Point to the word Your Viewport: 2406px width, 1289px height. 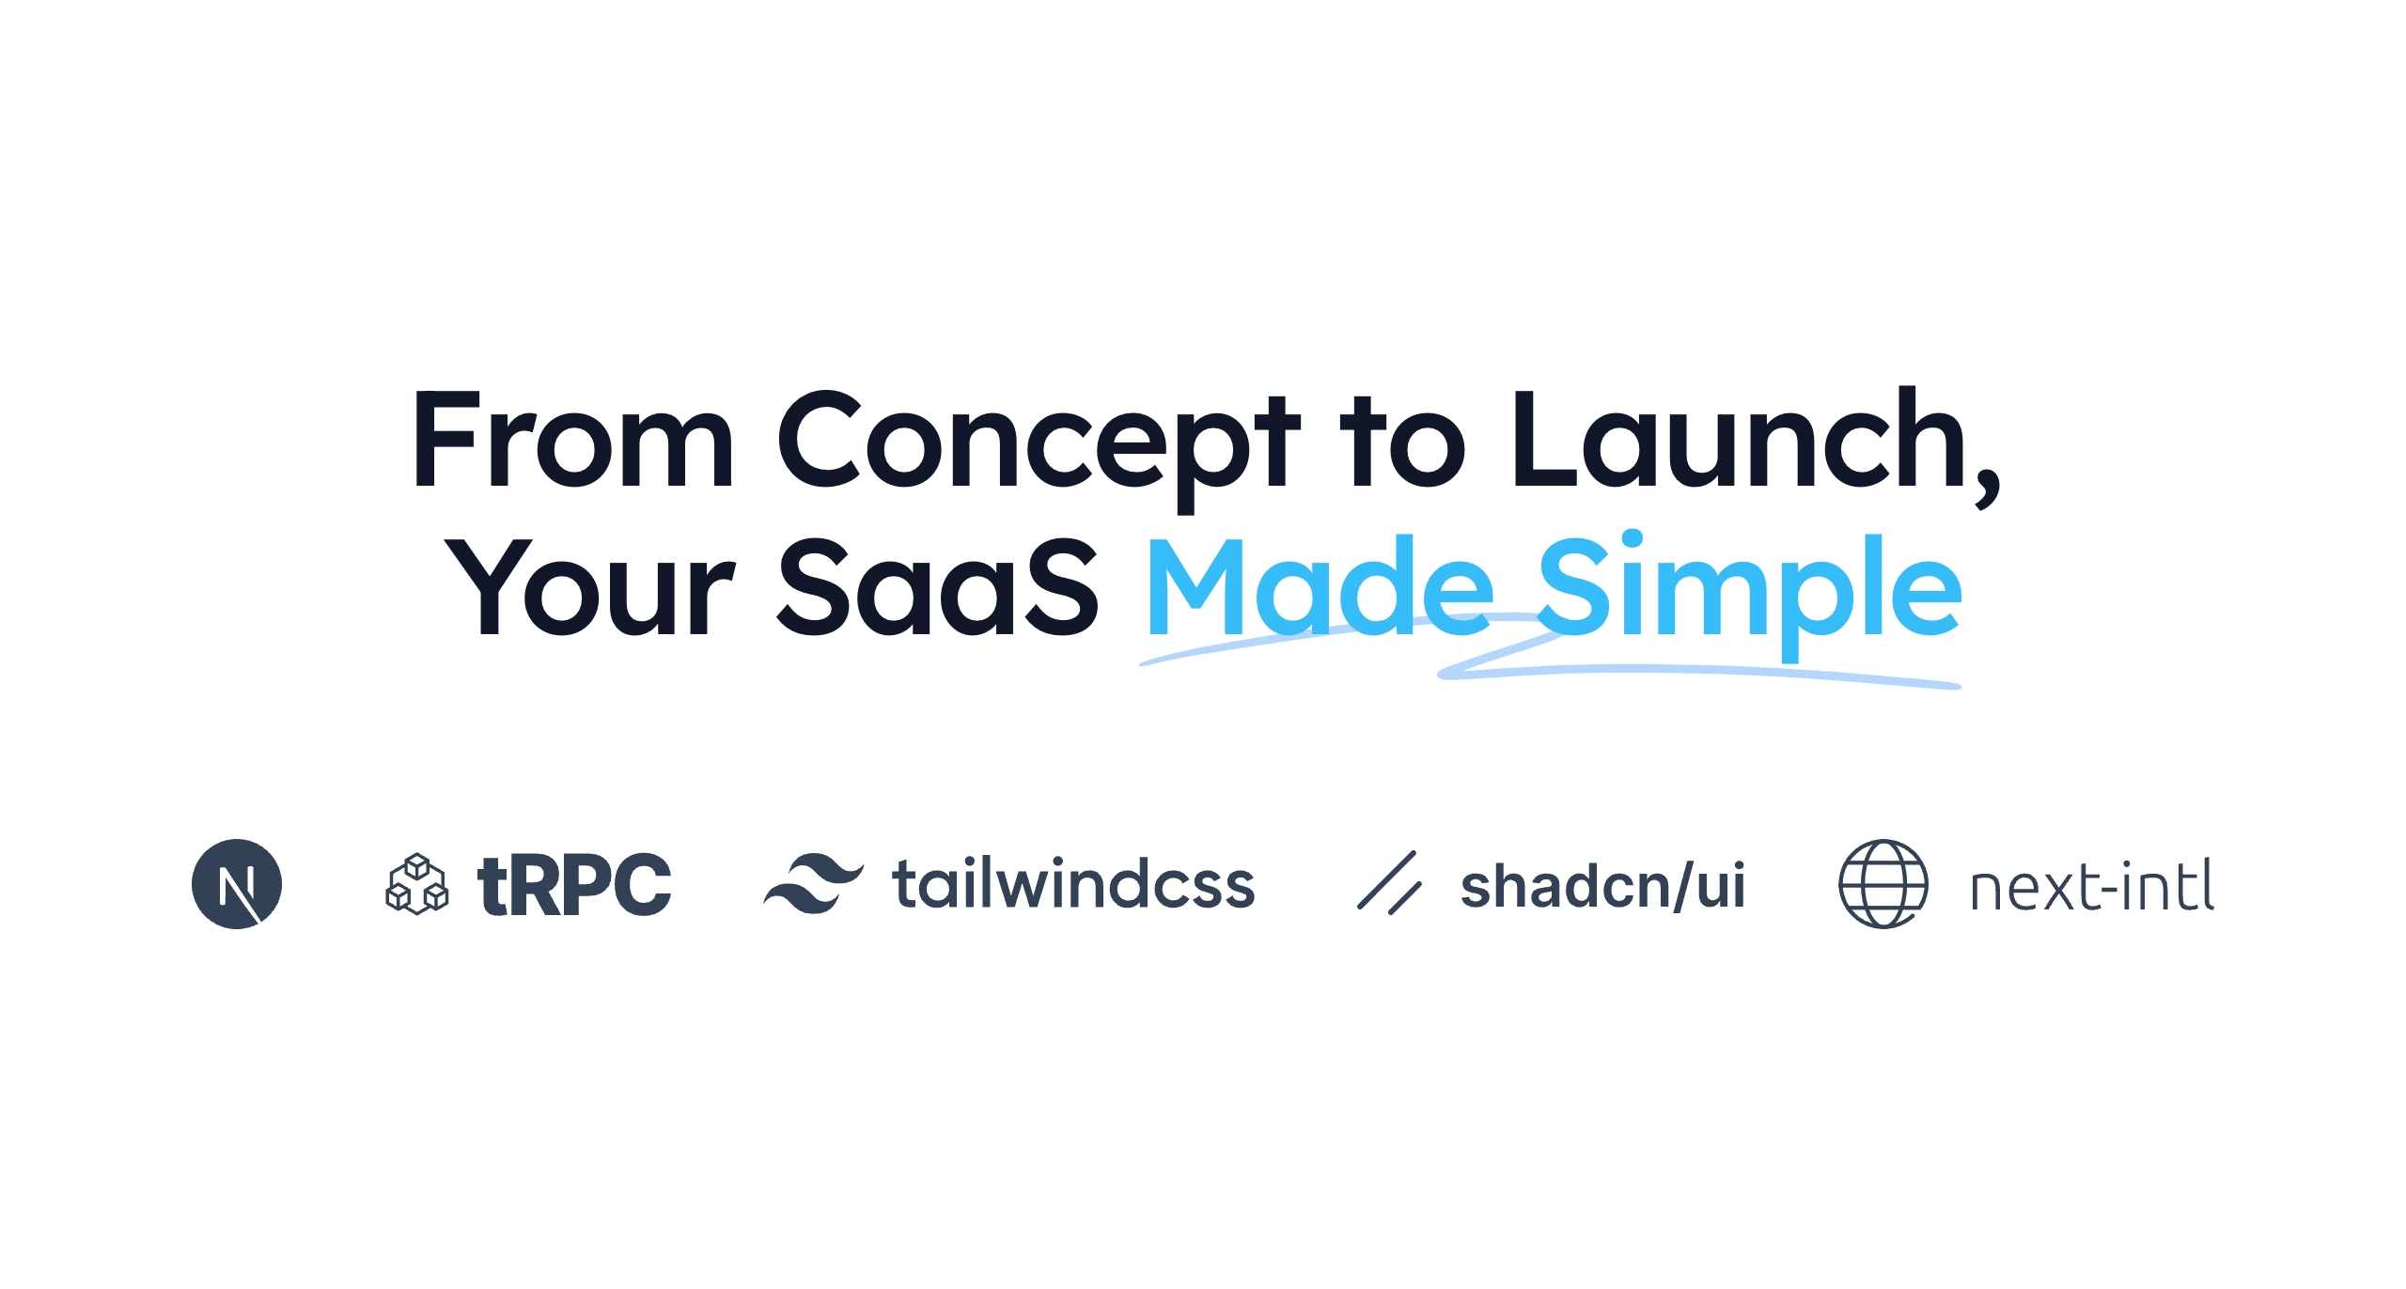[589, 587]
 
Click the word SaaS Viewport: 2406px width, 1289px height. [938, 586]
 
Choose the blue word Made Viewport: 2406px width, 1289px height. [1320, 584]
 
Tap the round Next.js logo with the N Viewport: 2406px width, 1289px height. [237, 884]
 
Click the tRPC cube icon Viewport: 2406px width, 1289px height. [417, 884]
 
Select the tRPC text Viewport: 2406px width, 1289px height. [574, 884]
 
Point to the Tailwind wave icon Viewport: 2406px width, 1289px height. [813, 883]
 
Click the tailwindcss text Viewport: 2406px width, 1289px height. [1073, 884]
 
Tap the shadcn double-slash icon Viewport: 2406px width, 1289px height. [1389, 882]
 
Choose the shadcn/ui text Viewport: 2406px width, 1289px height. [1602, 886]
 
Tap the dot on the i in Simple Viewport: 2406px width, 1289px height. [1631, 540]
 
